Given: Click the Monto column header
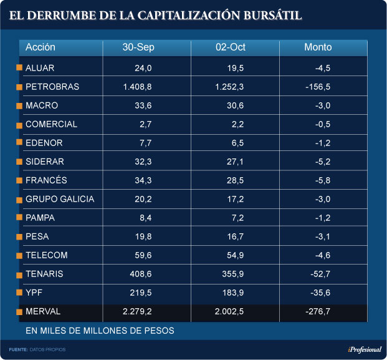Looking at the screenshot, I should (318, 47).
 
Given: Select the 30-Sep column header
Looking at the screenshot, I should (138, 47).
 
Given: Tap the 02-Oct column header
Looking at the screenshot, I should (227, 47).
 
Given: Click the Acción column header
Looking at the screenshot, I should (41, 47).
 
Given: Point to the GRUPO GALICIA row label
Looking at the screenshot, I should (60, 199).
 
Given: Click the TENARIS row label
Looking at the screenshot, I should (44, 274).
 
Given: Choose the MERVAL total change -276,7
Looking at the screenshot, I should (317, 311).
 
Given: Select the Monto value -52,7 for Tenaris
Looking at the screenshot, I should (319, 274).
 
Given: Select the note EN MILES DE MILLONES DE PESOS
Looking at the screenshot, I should (100, 330).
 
